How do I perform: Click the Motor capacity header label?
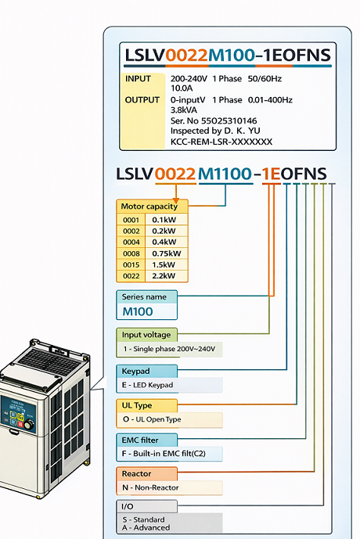click(149, 207)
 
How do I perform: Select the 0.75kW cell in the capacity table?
click(166, 253)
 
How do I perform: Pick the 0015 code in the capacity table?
click(131, 264)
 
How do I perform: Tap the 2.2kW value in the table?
click(164, 275)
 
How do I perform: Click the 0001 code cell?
click(131, 221)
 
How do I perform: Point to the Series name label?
click(146, 297)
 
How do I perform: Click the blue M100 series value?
click(138, 311)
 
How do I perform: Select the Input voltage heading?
click(146, 335)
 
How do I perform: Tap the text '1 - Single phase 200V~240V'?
click(168, 349)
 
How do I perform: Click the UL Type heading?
click(137, 405)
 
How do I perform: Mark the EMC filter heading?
click(142, 440)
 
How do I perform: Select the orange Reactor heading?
click(137, 473)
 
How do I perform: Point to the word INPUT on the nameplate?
click(139, 79)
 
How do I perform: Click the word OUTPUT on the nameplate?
click(142, 100)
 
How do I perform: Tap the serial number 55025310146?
click(224, 121)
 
